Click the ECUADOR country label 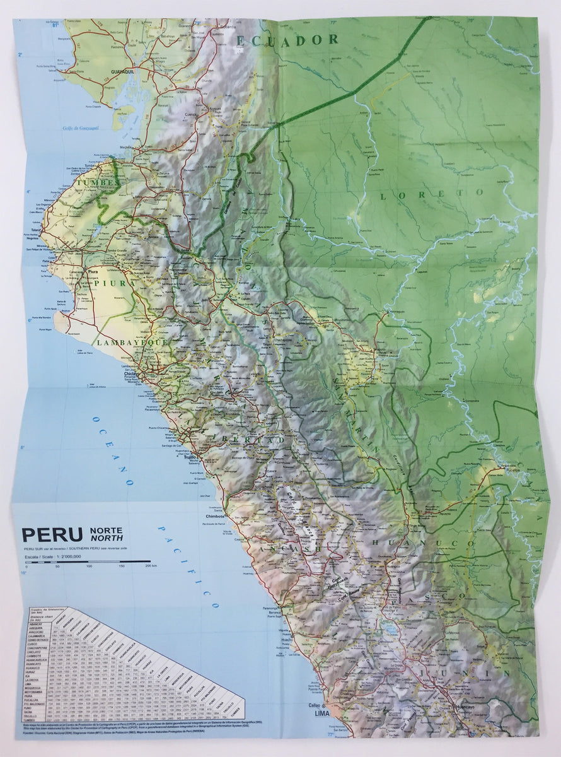pos(287,40)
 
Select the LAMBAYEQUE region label pos(132,342)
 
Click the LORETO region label pos(431,194)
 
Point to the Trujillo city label pos(190,459)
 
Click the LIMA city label pos(321,713)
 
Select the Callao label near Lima pos(315,705)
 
